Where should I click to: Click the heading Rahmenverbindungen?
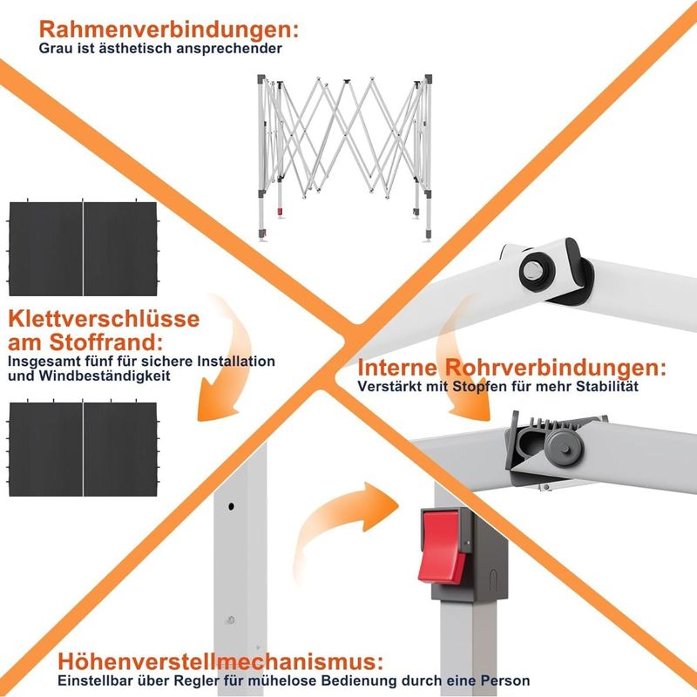[169, 30]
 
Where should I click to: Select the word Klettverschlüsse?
[104, 319]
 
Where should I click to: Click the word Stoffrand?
[105, 342]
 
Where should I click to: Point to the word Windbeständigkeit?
[105, 376]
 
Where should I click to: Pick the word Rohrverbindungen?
[556, 369]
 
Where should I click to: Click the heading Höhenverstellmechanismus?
[220, 661]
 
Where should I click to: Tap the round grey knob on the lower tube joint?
[564, 448]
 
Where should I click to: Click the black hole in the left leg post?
[231, 506]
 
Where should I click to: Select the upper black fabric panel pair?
[83, 248]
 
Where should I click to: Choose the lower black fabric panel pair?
[83, 449]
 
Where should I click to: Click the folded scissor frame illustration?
[344, 158]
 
